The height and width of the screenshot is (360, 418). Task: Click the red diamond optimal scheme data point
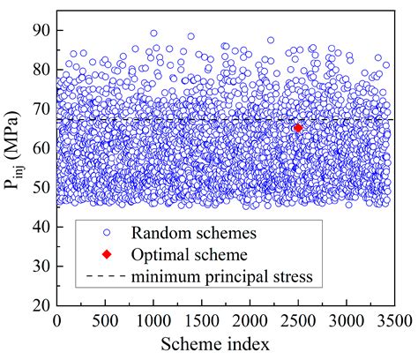tap(298, 128)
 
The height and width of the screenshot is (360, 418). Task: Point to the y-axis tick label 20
tap(38, 305)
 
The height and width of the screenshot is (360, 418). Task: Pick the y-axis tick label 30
tap(38, 266)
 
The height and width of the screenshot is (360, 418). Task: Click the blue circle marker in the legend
tap(106, 234)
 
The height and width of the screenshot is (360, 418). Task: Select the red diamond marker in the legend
tap(106, 256)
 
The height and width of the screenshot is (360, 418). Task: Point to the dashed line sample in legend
tap(106, 278)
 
